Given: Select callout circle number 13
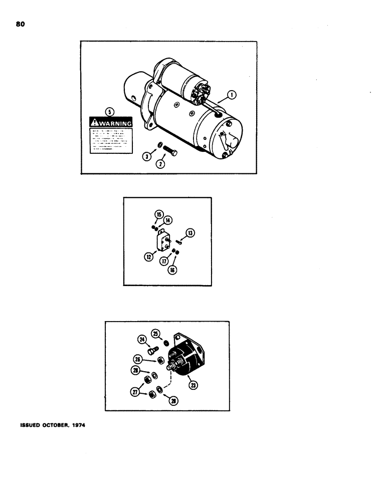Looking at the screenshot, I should pyautogui.click(x=190, y=232).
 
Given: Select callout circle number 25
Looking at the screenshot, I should pyautogui.click(x=155, y=333).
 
